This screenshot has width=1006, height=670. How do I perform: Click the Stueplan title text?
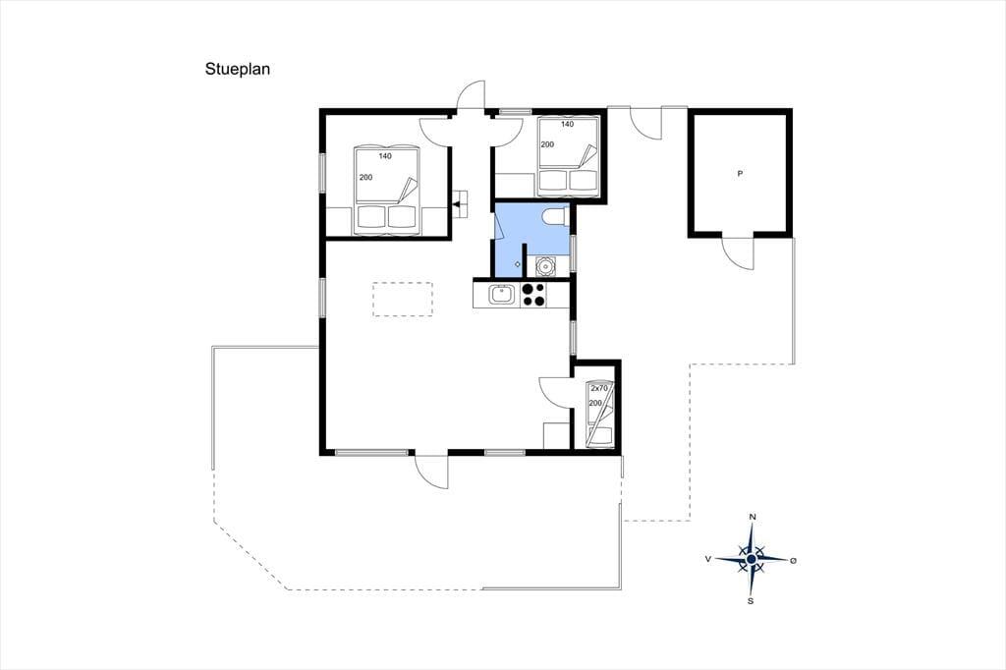(238, 70)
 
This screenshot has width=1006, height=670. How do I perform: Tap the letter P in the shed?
(740, 173)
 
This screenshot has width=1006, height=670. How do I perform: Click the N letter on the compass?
(753, 518)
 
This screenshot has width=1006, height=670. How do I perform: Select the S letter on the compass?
(751, 601)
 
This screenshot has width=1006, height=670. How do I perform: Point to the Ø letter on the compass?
(793, 560)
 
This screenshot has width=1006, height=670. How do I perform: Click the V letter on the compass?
(708, 559)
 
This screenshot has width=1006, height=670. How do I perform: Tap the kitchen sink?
(500, 295)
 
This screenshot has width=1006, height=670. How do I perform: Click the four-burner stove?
(533, 295)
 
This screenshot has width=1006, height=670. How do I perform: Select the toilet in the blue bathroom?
(554, 217)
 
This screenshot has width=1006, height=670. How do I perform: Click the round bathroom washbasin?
(545, 265)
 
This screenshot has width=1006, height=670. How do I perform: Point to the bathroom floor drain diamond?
(518, 264)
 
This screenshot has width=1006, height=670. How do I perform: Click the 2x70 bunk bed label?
(599, 388)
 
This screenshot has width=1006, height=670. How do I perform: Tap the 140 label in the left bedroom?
(385, 156)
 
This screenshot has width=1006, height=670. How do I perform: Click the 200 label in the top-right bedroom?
(547, 144)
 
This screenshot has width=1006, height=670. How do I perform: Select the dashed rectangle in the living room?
(403, 299)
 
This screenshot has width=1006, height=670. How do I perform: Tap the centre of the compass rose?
(752, 560)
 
